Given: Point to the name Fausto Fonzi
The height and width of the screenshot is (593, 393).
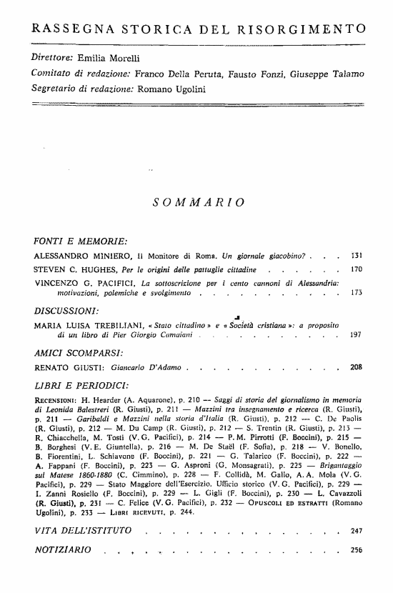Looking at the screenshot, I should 262,74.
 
